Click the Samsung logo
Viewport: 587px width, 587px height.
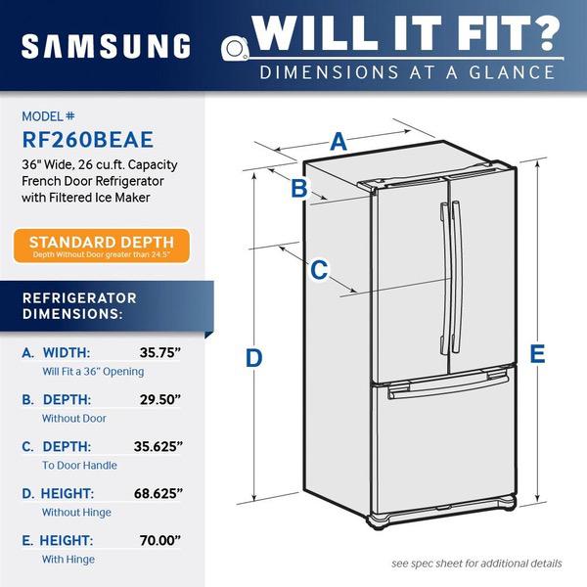tap(106, 46)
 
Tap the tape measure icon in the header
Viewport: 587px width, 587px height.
tap(235, 48)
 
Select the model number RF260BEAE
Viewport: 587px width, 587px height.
tap(88, 140)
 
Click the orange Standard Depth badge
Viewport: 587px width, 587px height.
tap(102, 246)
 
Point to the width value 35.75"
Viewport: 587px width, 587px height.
tap(160, 352)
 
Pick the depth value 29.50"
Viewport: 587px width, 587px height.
tap(160, 399)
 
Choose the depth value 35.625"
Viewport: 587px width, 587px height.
tap(158, 446)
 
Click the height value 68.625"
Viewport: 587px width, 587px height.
tap(158, 493)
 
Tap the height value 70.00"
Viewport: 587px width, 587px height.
tap(160, 540)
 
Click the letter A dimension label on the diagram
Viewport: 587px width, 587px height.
tap(339, 142)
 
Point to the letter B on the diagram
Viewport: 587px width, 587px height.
tap(299, 188)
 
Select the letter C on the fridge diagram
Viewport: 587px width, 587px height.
tap(319, 270)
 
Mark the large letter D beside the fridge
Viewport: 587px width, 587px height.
tap(253, 358)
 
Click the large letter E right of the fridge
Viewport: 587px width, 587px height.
tap(537, 353)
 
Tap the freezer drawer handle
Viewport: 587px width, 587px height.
tap(448, 385)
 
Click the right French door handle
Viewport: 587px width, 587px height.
tap(456, 277)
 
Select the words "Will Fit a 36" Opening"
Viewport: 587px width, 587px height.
tap(93, 372)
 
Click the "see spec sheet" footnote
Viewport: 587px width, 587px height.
tap(476, 564)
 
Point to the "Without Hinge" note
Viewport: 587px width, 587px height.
tap(76, 512)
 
